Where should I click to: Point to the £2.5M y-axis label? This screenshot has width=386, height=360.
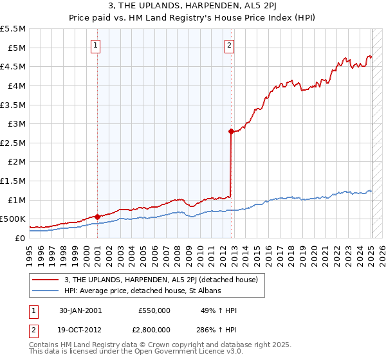coord(13,143)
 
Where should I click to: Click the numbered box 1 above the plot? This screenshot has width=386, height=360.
coord(95,45)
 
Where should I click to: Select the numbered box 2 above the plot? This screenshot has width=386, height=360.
coord(230,45)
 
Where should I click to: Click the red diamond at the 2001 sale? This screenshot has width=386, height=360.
coord(97,217)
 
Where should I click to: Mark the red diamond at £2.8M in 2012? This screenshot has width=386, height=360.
coord(230,131)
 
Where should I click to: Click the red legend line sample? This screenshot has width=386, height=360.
coord(46,280)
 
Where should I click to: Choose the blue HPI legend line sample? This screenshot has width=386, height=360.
coord(46,291)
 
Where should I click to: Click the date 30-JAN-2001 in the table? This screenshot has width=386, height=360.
coord(80,310)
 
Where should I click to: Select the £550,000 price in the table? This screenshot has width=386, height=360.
coord(154,310)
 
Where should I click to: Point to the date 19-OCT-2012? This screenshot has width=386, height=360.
coord(80,329)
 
